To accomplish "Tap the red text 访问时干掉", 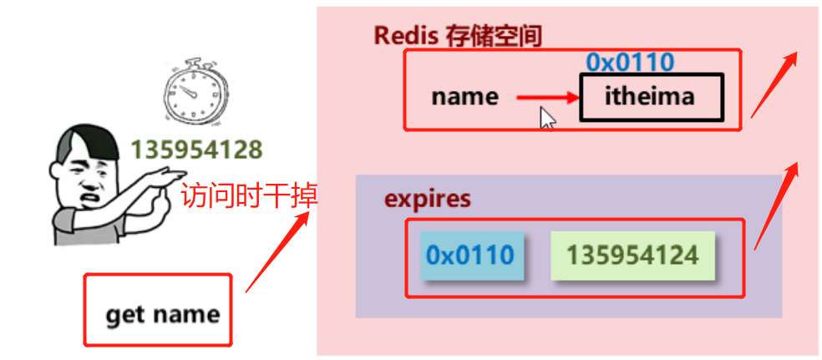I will click(248, 197).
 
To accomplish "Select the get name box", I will click(157, 309).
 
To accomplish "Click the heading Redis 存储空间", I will click(458, 36).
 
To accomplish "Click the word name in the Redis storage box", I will click(464, 97).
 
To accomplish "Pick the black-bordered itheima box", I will click(650, 97).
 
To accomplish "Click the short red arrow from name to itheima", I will click(548, 99).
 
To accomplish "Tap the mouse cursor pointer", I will click(546, 118).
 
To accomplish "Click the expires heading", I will click(427, 200).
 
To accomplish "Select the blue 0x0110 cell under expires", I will click(470, 255).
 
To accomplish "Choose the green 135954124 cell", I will click(632, 255).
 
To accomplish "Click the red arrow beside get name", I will click(278, 251).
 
